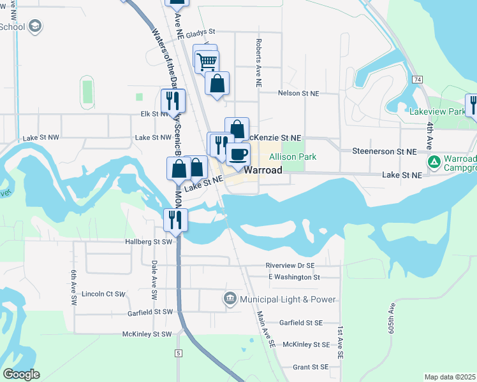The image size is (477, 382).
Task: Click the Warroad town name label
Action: [264, 171]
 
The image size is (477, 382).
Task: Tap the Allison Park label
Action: [293, 157]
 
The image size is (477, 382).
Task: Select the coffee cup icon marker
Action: [238, 154]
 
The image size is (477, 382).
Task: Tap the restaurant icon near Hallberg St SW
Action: [174, 220]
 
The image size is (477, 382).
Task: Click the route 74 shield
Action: [417, 79]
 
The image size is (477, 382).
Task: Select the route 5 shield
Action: [179, 353]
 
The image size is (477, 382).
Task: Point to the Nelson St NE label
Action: [298, 93]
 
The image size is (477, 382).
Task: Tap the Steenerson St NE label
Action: [384, 151]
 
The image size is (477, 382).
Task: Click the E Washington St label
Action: [294, 277]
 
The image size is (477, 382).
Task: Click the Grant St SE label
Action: [310, 367]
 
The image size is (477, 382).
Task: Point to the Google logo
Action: [21, 374]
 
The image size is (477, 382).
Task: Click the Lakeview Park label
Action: [436, 111]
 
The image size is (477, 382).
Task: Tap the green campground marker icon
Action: [434, 162]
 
